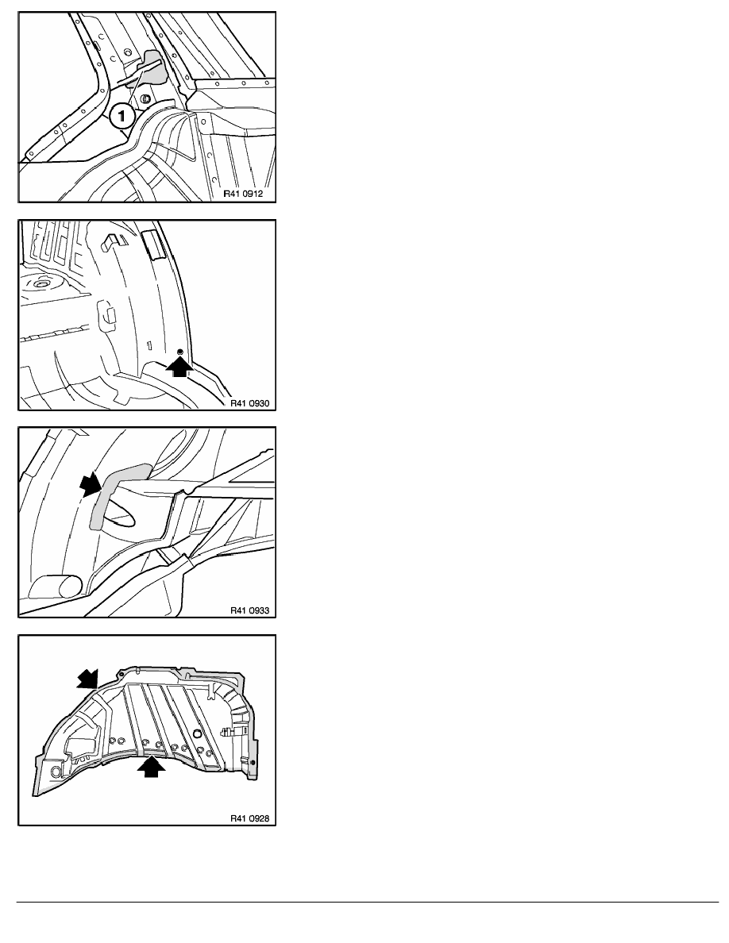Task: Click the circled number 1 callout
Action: (121, 115)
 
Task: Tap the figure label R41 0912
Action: (243, 194)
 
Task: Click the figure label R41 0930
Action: (250, 403)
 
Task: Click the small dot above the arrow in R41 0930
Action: (179, 351)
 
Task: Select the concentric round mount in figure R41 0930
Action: (41, 283)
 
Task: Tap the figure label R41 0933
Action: (250, 610)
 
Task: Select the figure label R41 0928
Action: (250, 818)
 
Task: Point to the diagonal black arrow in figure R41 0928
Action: (87, 679)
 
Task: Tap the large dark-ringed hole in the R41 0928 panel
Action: (198, 733)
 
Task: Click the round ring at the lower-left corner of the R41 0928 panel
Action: (56, 772)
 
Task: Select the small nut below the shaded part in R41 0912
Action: (145, 98)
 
